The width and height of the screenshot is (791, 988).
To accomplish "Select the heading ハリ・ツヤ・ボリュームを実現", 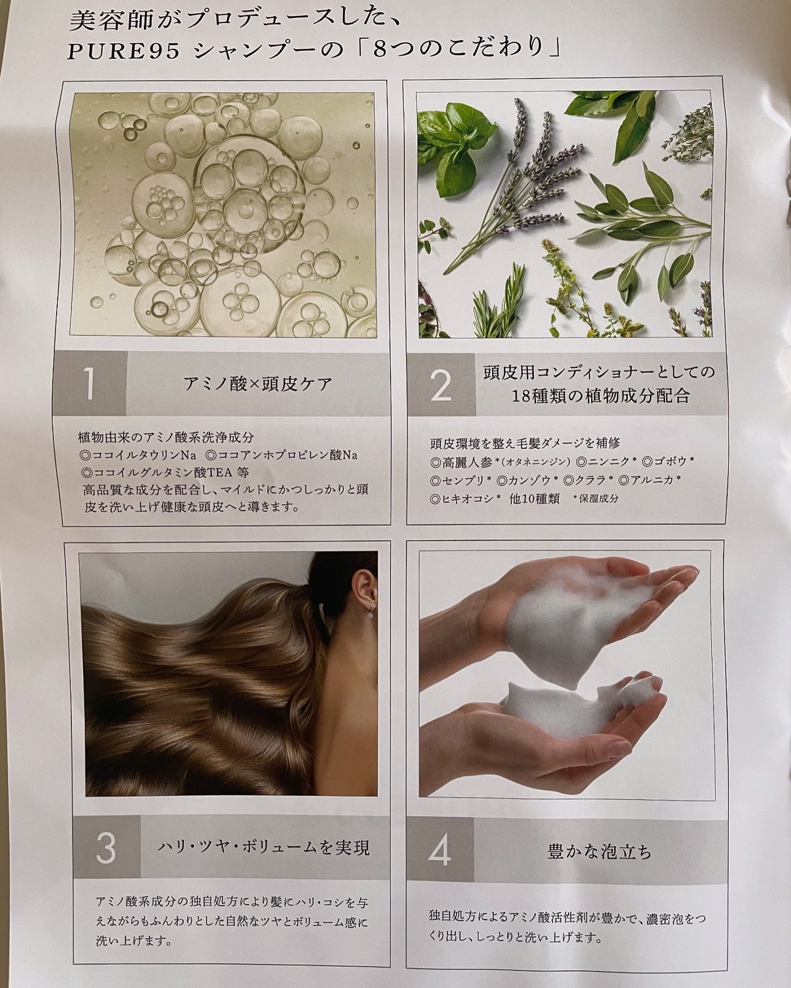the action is click(263, 848).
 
